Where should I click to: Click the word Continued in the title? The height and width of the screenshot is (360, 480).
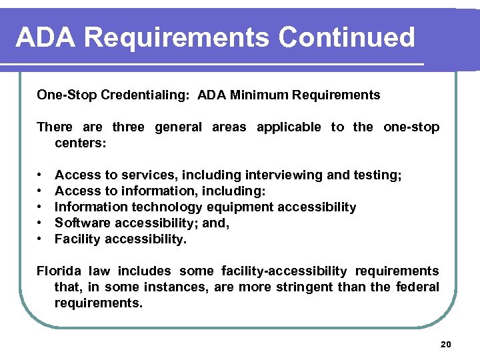click(347, 37)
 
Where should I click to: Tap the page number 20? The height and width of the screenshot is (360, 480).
click(446, 344)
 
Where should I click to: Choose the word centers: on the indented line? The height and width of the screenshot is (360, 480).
click(81, 143)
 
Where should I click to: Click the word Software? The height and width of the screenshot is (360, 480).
click(80, 223)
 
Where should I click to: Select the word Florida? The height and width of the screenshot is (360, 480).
click(58, 271)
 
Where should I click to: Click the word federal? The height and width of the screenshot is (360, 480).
click(419, 287)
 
